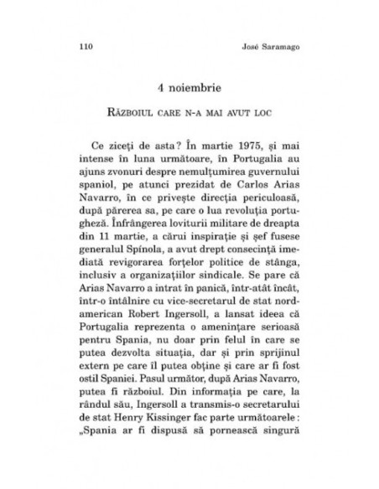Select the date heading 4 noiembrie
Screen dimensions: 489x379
(189, 85)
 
